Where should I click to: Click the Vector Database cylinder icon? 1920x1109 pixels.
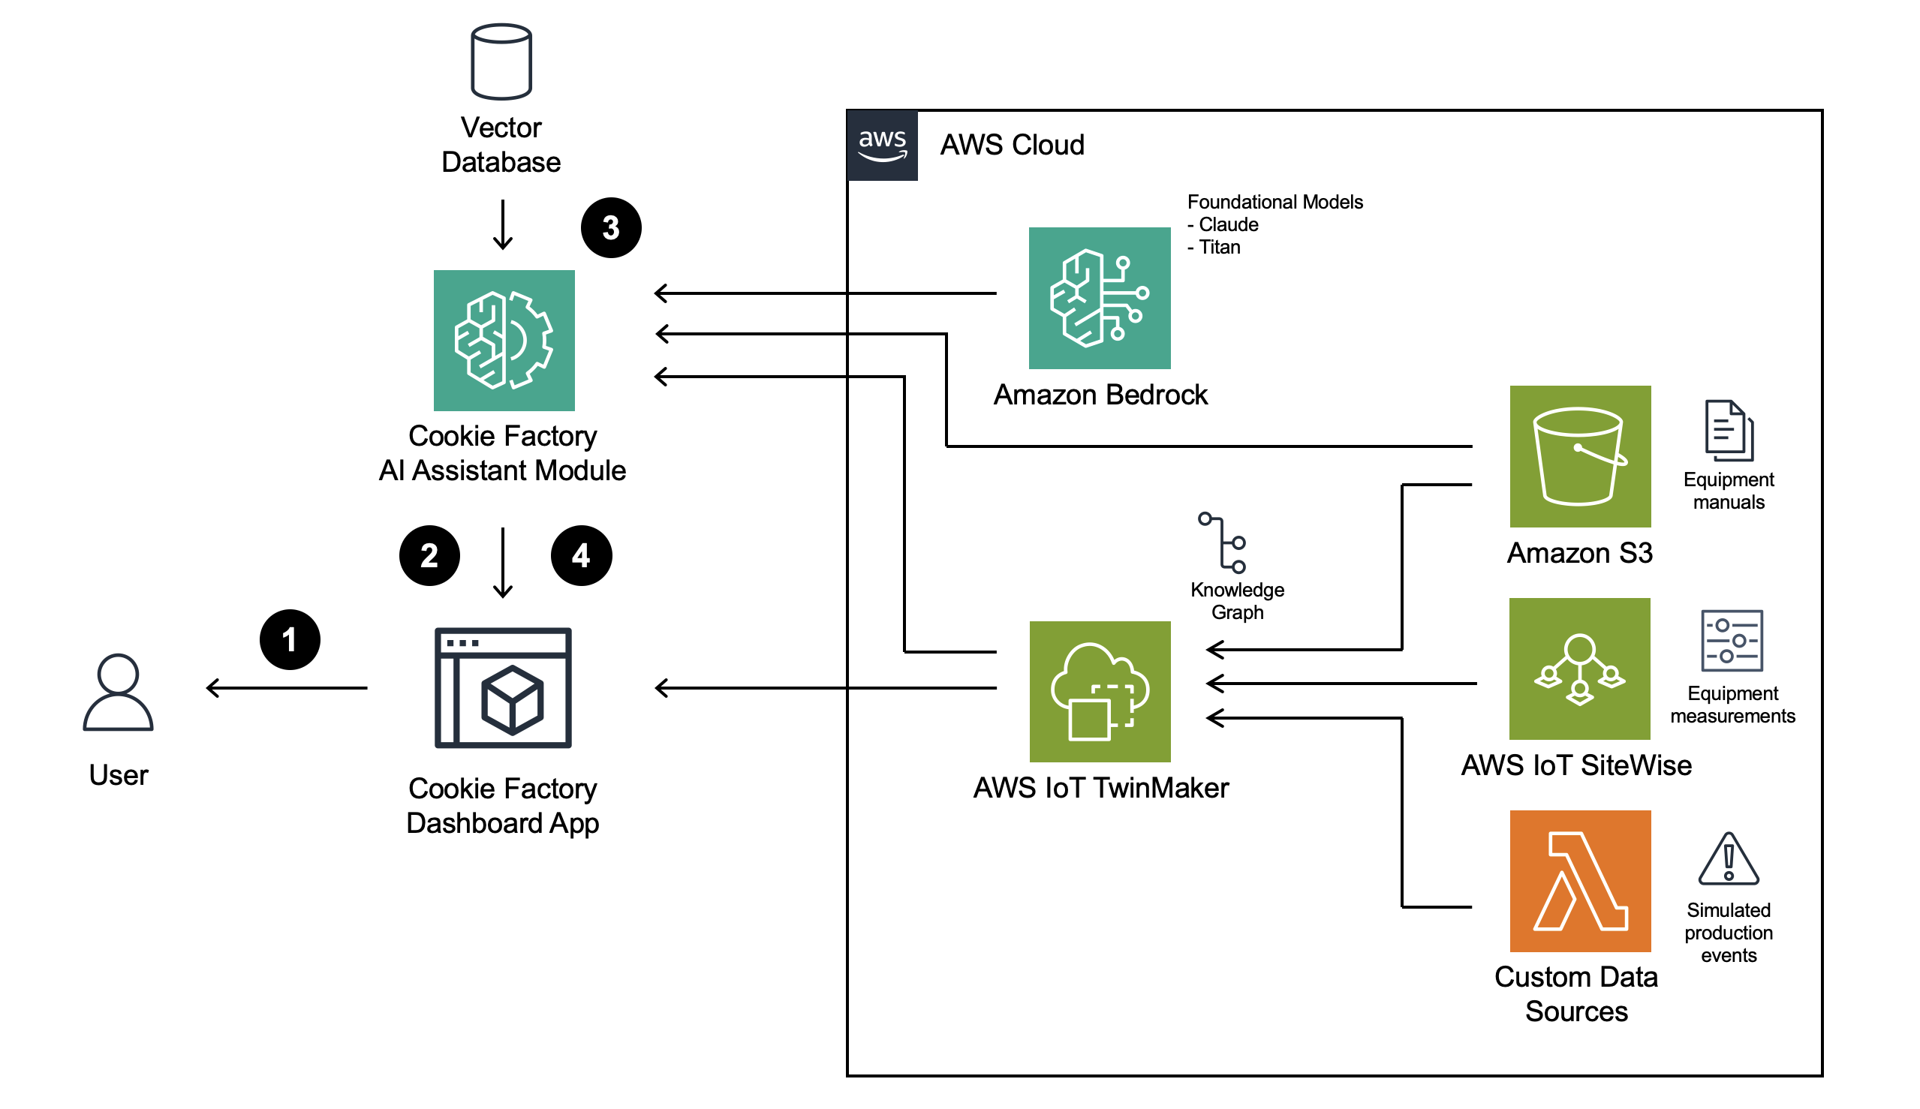point(501,62)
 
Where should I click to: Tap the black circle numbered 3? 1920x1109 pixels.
point(611,228)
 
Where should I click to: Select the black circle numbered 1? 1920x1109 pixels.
point(290,640)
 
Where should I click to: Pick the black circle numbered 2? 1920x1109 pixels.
point(430,555)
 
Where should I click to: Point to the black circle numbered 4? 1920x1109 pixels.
point(582,555)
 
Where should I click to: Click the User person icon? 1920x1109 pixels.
point(118,693)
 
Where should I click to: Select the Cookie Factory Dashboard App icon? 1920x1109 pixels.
point(503,688)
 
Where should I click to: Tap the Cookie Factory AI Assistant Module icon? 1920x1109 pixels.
point(504,341)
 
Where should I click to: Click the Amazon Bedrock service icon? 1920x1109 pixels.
point(1100,298)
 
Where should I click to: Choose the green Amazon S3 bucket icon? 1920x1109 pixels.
point(1580,456)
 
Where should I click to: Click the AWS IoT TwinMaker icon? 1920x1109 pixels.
point(1100,692)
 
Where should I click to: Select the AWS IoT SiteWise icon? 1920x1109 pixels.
point(1579,669)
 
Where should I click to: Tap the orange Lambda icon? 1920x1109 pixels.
point(1580,881)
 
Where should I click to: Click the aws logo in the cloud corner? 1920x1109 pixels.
point(882,145)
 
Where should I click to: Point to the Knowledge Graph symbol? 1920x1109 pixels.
point(1222,542)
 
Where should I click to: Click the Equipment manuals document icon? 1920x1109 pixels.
point(1729,431)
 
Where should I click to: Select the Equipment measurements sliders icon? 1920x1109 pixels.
point(1732,641)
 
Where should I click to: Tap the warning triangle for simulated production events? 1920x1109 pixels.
point(1729,858)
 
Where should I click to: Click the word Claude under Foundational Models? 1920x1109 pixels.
point(1228,224)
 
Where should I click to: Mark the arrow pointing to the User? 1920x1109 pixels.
point(287,688)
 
